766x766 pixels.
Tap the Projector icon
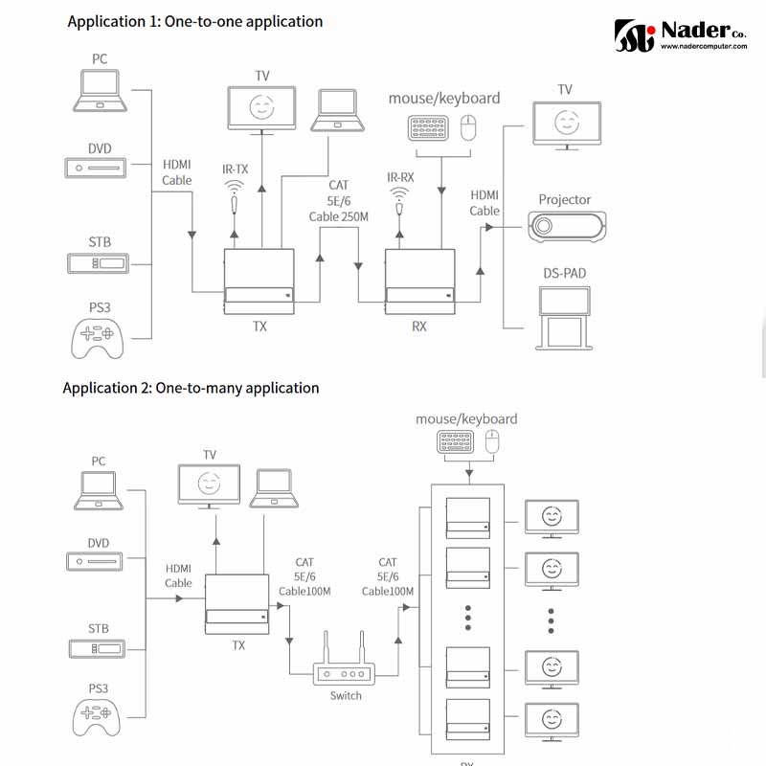pyautogui.click(x=567, y=227)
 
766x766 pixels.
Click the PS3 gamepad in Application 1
pyautogui.click(x=99, y=336)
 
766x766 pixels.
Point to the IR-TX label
pyautogui.click(x=236, y=169)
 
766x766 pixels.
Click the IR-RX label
pyautogui.click(x=400, y=176)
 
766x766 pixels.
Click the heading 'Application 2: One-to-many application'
pyautogui.click(x=191, y=388)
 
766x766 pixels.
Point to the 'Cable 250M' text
pyautogui.click(x=339, y=216)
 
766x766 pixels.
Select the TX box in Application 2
pyautogui.click(x=238, y=603)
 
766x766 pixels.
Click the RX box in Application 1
pyautogui.click(x=419, y=282)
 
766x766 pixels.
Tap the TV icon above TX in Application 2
pyautogui.click(x=210, y=484)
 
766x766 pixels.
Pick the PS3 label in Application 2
pyautogui.click(x=99, y=687)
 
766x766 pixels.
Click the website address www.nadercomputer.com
pyautogui.click(x=704, y=45)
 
